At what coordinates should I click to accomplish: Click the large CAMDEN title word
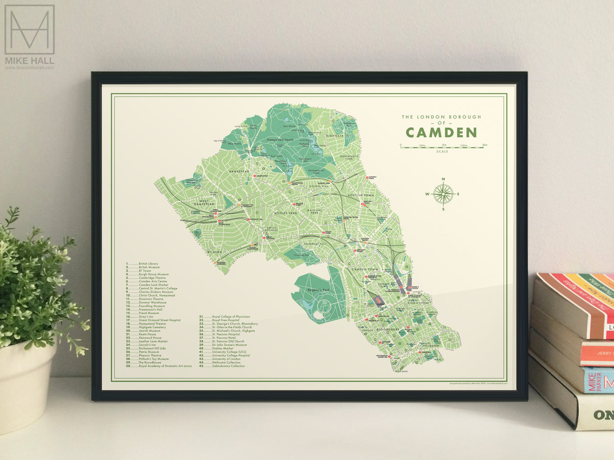point(441,132)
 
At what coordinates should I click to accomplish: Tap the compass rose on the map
point(443,194)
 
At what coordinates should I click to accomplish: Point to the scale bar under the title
point(443,146)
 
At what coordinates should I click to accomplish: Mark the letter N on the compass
point(443,179)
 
